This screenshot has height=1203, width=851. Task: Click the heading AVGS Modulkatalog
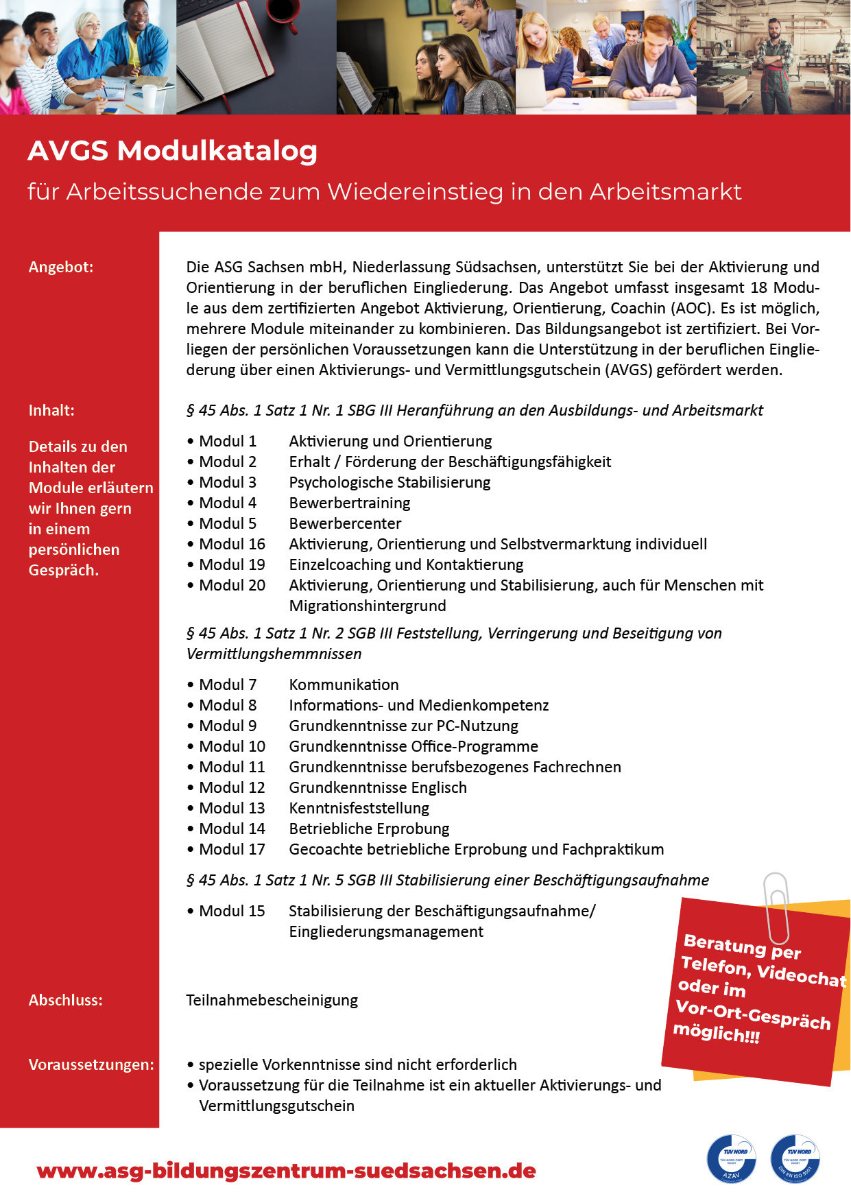click(172, 151)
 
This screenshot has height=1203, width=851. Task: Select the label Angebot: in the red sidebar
click(61, 267)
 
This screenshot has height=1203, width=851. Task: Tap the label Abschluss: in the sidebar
click(65, 1000)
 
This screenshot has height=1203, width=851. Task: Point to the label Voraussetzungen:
click(91, 1064)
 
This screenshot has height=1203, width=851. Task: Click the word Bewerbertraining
click(350, 503)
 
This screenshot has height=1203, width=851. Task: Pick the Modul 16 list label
click(232, 544)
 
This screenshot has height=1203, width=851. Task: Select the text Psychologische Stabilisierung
click(389, 482)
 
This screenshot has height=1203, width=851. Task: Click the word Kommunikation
click(344, 684)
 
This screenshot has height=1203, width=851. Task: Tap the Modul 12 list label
click(232, 787)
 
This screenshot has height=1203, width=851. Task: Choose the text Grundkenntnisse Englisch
click(378, 787)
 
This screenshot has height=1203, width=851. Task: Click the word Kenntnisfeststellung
click(359, 808)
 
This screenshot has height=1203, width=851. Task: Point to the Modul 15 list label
click(232, 911)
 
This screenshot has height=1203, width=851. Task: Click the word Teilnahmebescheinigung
click(272, 1000)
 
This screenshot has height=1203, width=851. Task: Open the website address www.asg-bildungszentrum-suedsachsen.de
click(286, 1171)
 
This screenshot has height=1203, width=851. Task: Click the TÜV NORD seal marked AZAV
click(731, 1159)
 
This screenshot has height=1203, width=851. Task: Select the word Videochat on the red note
click(802, 975)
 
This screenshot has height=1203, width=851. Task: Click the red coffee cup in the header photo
click(280, 14)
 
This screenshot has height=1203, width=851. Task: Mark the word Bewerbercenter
click(345, 523)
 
